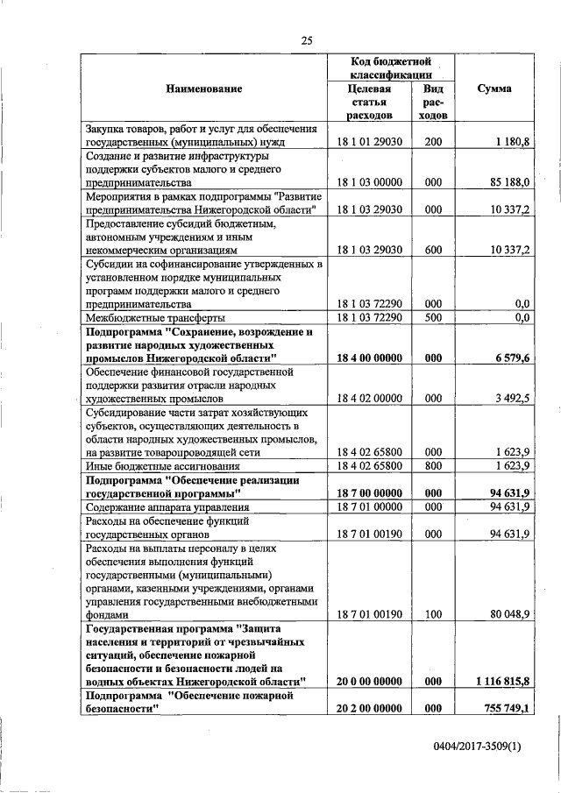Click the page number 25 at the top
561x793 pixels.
pos(307,39)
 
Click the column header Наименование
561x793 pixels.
pos(202,89)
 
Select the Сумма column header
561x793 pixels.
pos(495,89)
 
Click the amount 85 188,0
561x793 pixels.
pos(510,182)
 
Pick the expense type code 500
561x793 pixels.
pos(432,317)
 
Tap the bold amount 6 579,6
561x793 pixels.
pos(513,358)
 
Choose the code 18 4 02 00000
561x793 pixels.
pos(369,399)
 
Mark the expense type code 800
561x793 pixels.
pos(432,466)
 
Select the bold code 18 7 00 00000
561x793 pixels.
pos(369,493)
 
